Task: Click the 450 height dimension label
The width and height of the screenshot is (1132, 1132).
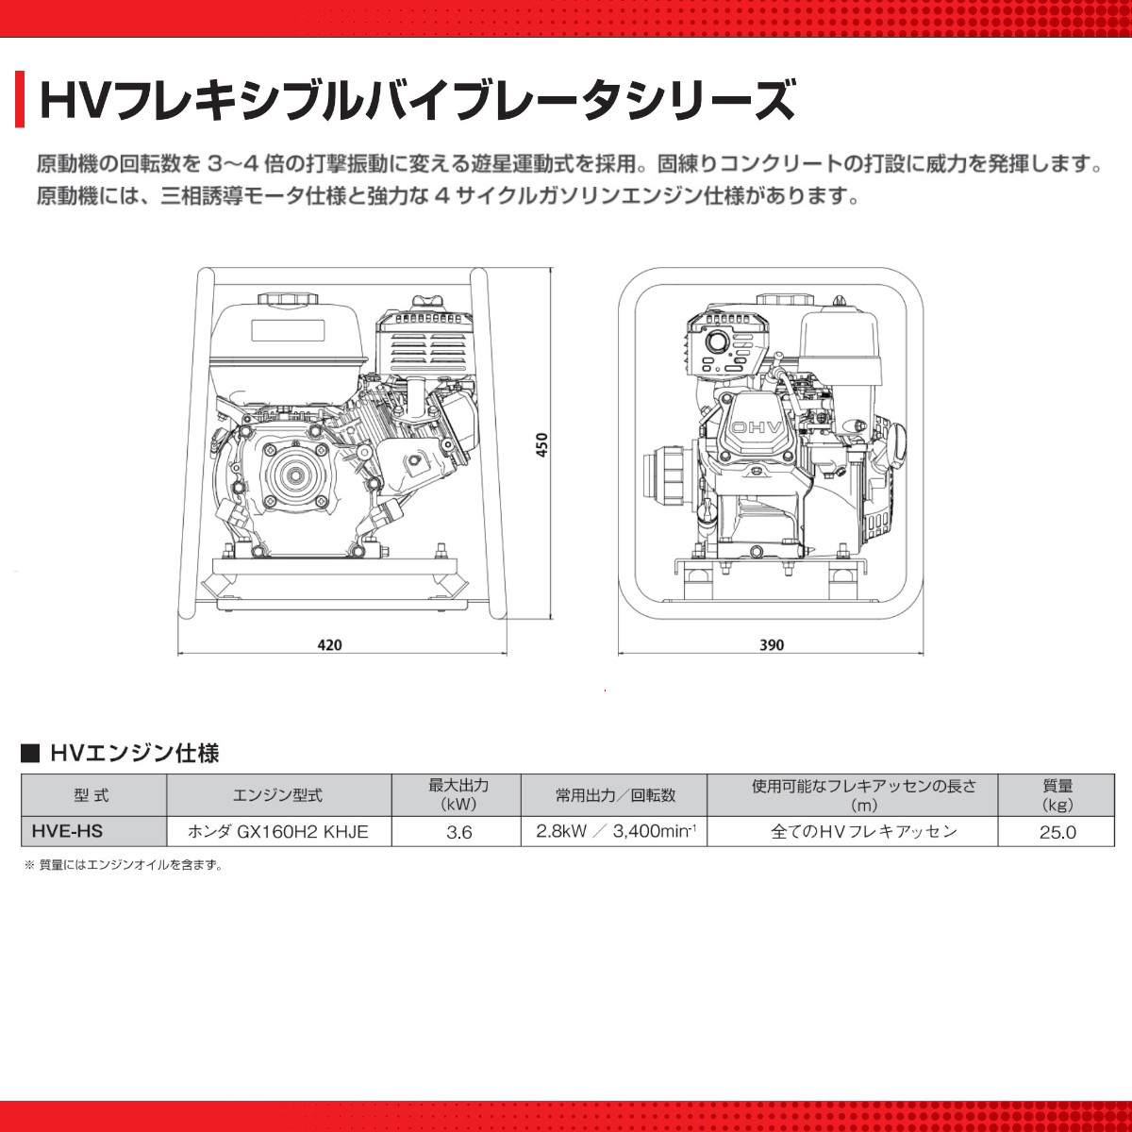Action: pyautogui.click(x=541, y=445)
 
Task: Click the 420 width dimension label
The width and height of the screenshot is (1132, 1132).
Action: pyautogui.click(x=329, y=645)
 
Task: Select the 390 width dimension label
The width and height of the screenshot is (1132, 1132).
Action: pyautogui.click(x=771, y=645)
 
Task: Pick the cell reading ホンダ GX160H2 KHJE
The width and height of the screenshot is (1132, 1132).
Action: pyautogui.click(x=278, y=831)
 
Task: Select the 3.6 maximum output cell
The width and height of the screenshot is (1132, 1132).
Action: pyautogui.click(x=458, y=832)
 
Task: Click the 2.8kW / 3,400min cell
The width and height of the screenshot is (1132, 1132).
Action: pyautogui.click(x=615, y=831)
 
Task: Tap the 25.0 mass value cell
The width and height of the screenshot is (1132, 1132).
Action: pyautogui.click(x=1057, y=832)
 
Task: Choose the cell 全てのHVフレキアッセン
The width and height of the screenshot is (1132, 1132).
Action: pyautogui.click(x=863, y=831)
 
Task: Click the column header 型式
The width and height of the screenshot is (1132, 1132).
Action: pyautogui.click(x=92, y=795)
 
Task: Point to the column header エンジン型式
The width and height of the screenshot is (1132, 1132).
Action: pyautogui.click(x=277, y=795)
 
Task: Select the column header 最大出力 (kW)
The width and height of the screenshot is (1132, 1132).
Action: pyautogui.click(x=458, y=794)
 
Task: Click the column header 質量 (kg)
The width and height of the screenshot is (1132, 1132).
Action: pyautogui.click(x=1057, y=794)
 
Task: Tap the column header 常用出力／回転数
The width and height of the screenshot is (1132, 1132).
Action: pyautogui.click(x=615, y=795)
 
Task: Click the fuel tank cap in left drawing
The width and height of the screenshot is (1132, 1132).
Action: pyautogui.click(x=285, y=299)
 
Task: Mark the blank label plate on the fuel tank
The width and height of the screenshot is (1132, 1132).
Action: pyautogui.click(x=287, y=331)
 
